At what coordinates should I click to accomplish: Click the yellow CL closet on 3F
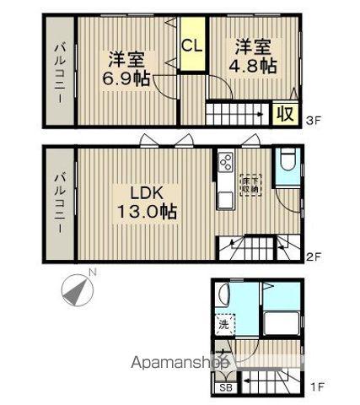191,46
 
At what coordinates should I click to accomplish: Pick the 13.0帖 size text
148,211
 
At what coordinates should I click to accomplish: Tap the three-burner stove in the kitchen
226,160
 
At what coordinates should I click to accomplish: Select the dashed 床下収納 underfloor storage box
251,184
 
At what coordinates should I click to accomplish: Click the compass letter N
94,272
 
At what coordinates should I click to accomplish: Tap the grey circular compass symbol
78,291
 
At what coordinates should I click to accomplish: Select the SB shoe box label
225,388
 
